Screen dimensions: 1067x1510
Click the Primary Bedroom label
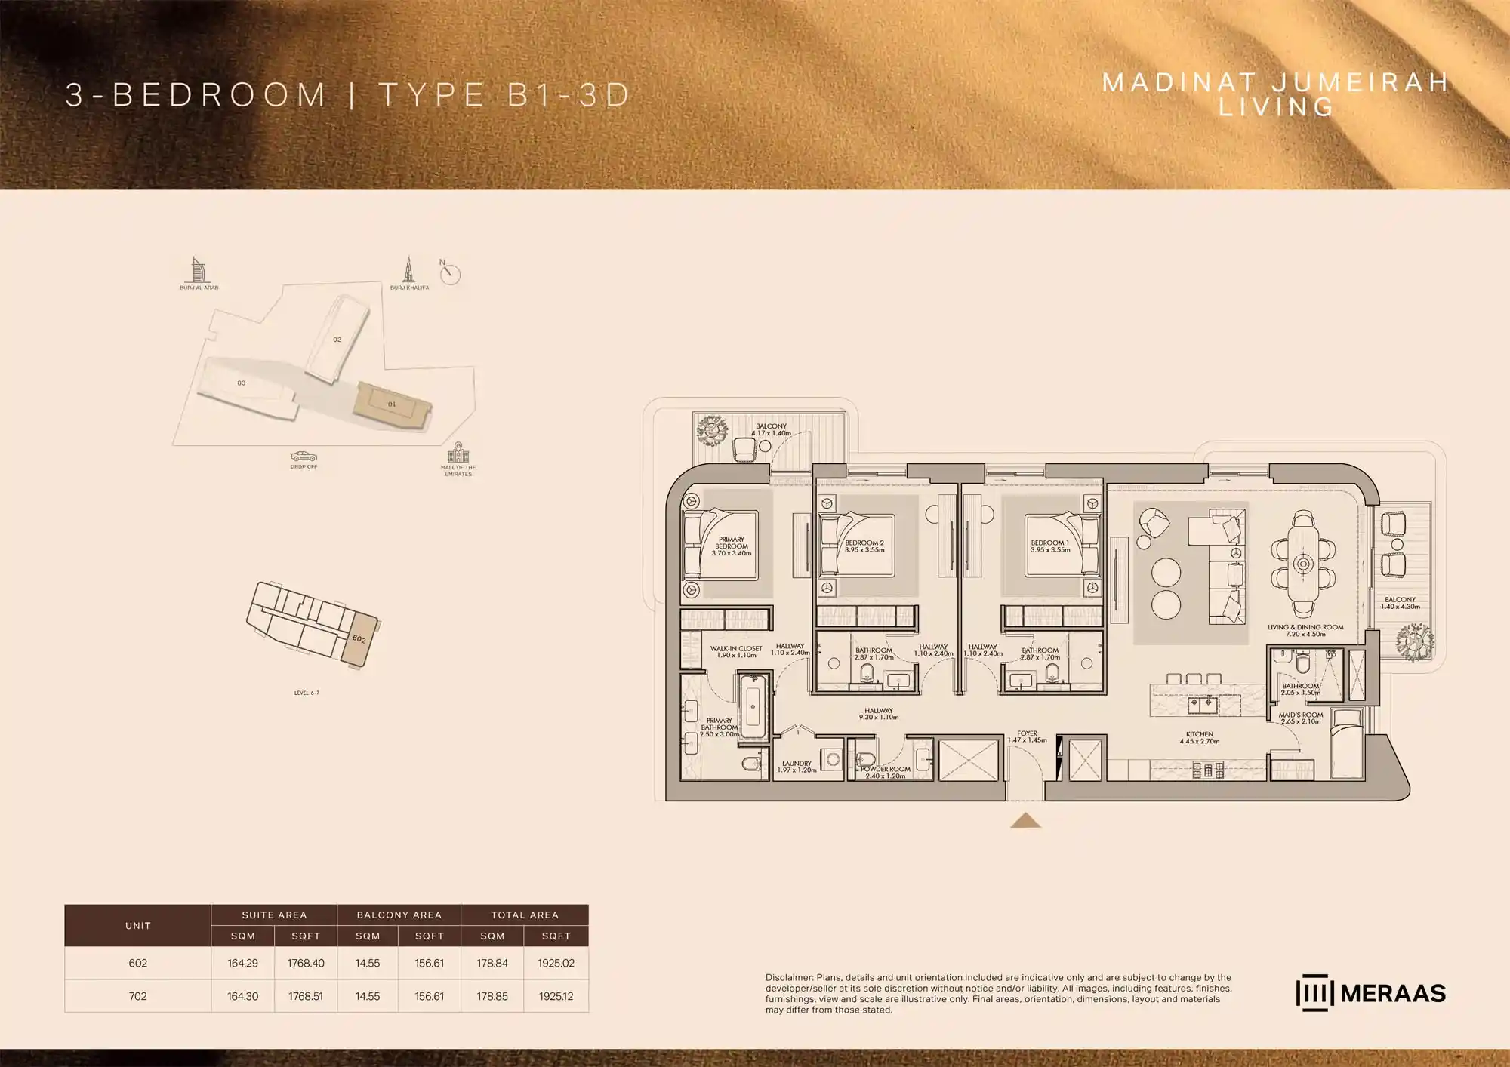pos(731,546)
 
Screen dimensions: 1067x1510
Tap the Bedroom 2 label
pos(864,546)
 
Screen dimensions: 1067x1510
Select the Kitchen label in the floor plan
pos(1199,737)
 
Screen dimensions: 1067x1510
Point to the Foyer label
pos(1027,736)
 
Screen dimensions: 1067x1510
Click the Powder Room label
pos(886,772)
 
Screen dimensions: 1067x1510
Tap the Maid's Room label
pos(1301,718)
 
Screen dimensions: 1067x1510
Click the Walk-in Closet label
pos(736,651)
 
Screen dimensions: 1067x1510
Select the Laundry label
pos(797,766)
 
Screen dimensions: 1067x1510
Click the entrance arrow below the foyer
pos(1025,820)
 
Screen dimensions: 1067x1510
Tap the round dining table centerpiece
pos(1304,563)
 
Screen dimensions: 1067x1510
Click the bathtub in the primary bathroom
pos(753,707)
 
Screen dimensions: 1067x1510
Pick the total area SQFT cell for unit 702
pos(556,996)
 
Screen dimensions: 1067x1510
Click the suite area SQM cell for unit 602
pos(242,963)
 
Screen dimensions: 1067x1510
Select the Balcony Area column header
pos(399,915)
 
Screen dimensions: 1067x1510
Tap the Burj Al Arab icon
pos(198,269)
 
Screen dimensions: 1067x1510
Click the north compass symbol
pos(450,273)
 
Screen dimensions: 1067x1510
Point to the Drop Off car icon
pos(304,456)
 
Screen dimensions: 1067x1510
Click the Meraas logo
pos(1370,993)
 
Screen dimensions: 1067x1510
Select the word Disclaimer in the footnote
pos(789,977)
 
